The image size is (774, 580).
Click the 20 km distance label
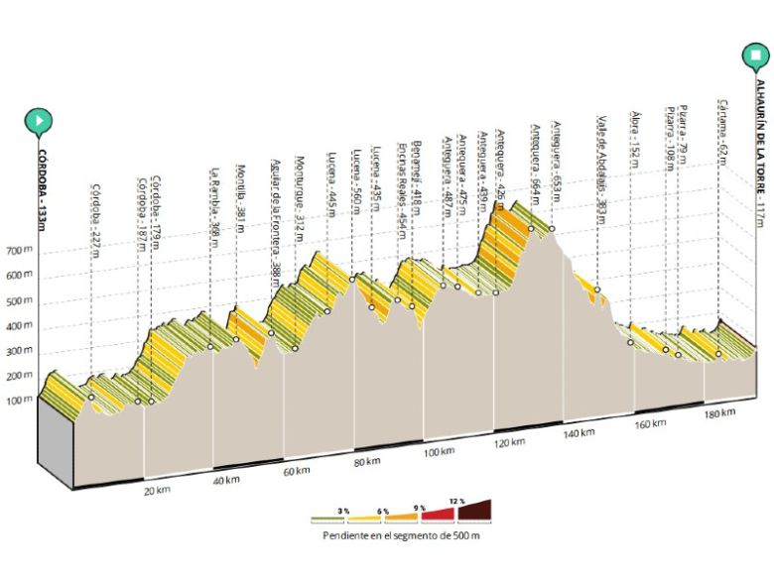[155, 491]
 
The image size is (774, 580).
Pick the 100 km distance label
[437, 452]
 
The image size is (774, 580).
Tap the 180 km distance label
[718, 411]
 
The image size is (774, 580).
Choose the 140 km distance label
[579, 432]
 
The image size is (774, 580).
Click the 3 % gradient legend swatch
[327, 517]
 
